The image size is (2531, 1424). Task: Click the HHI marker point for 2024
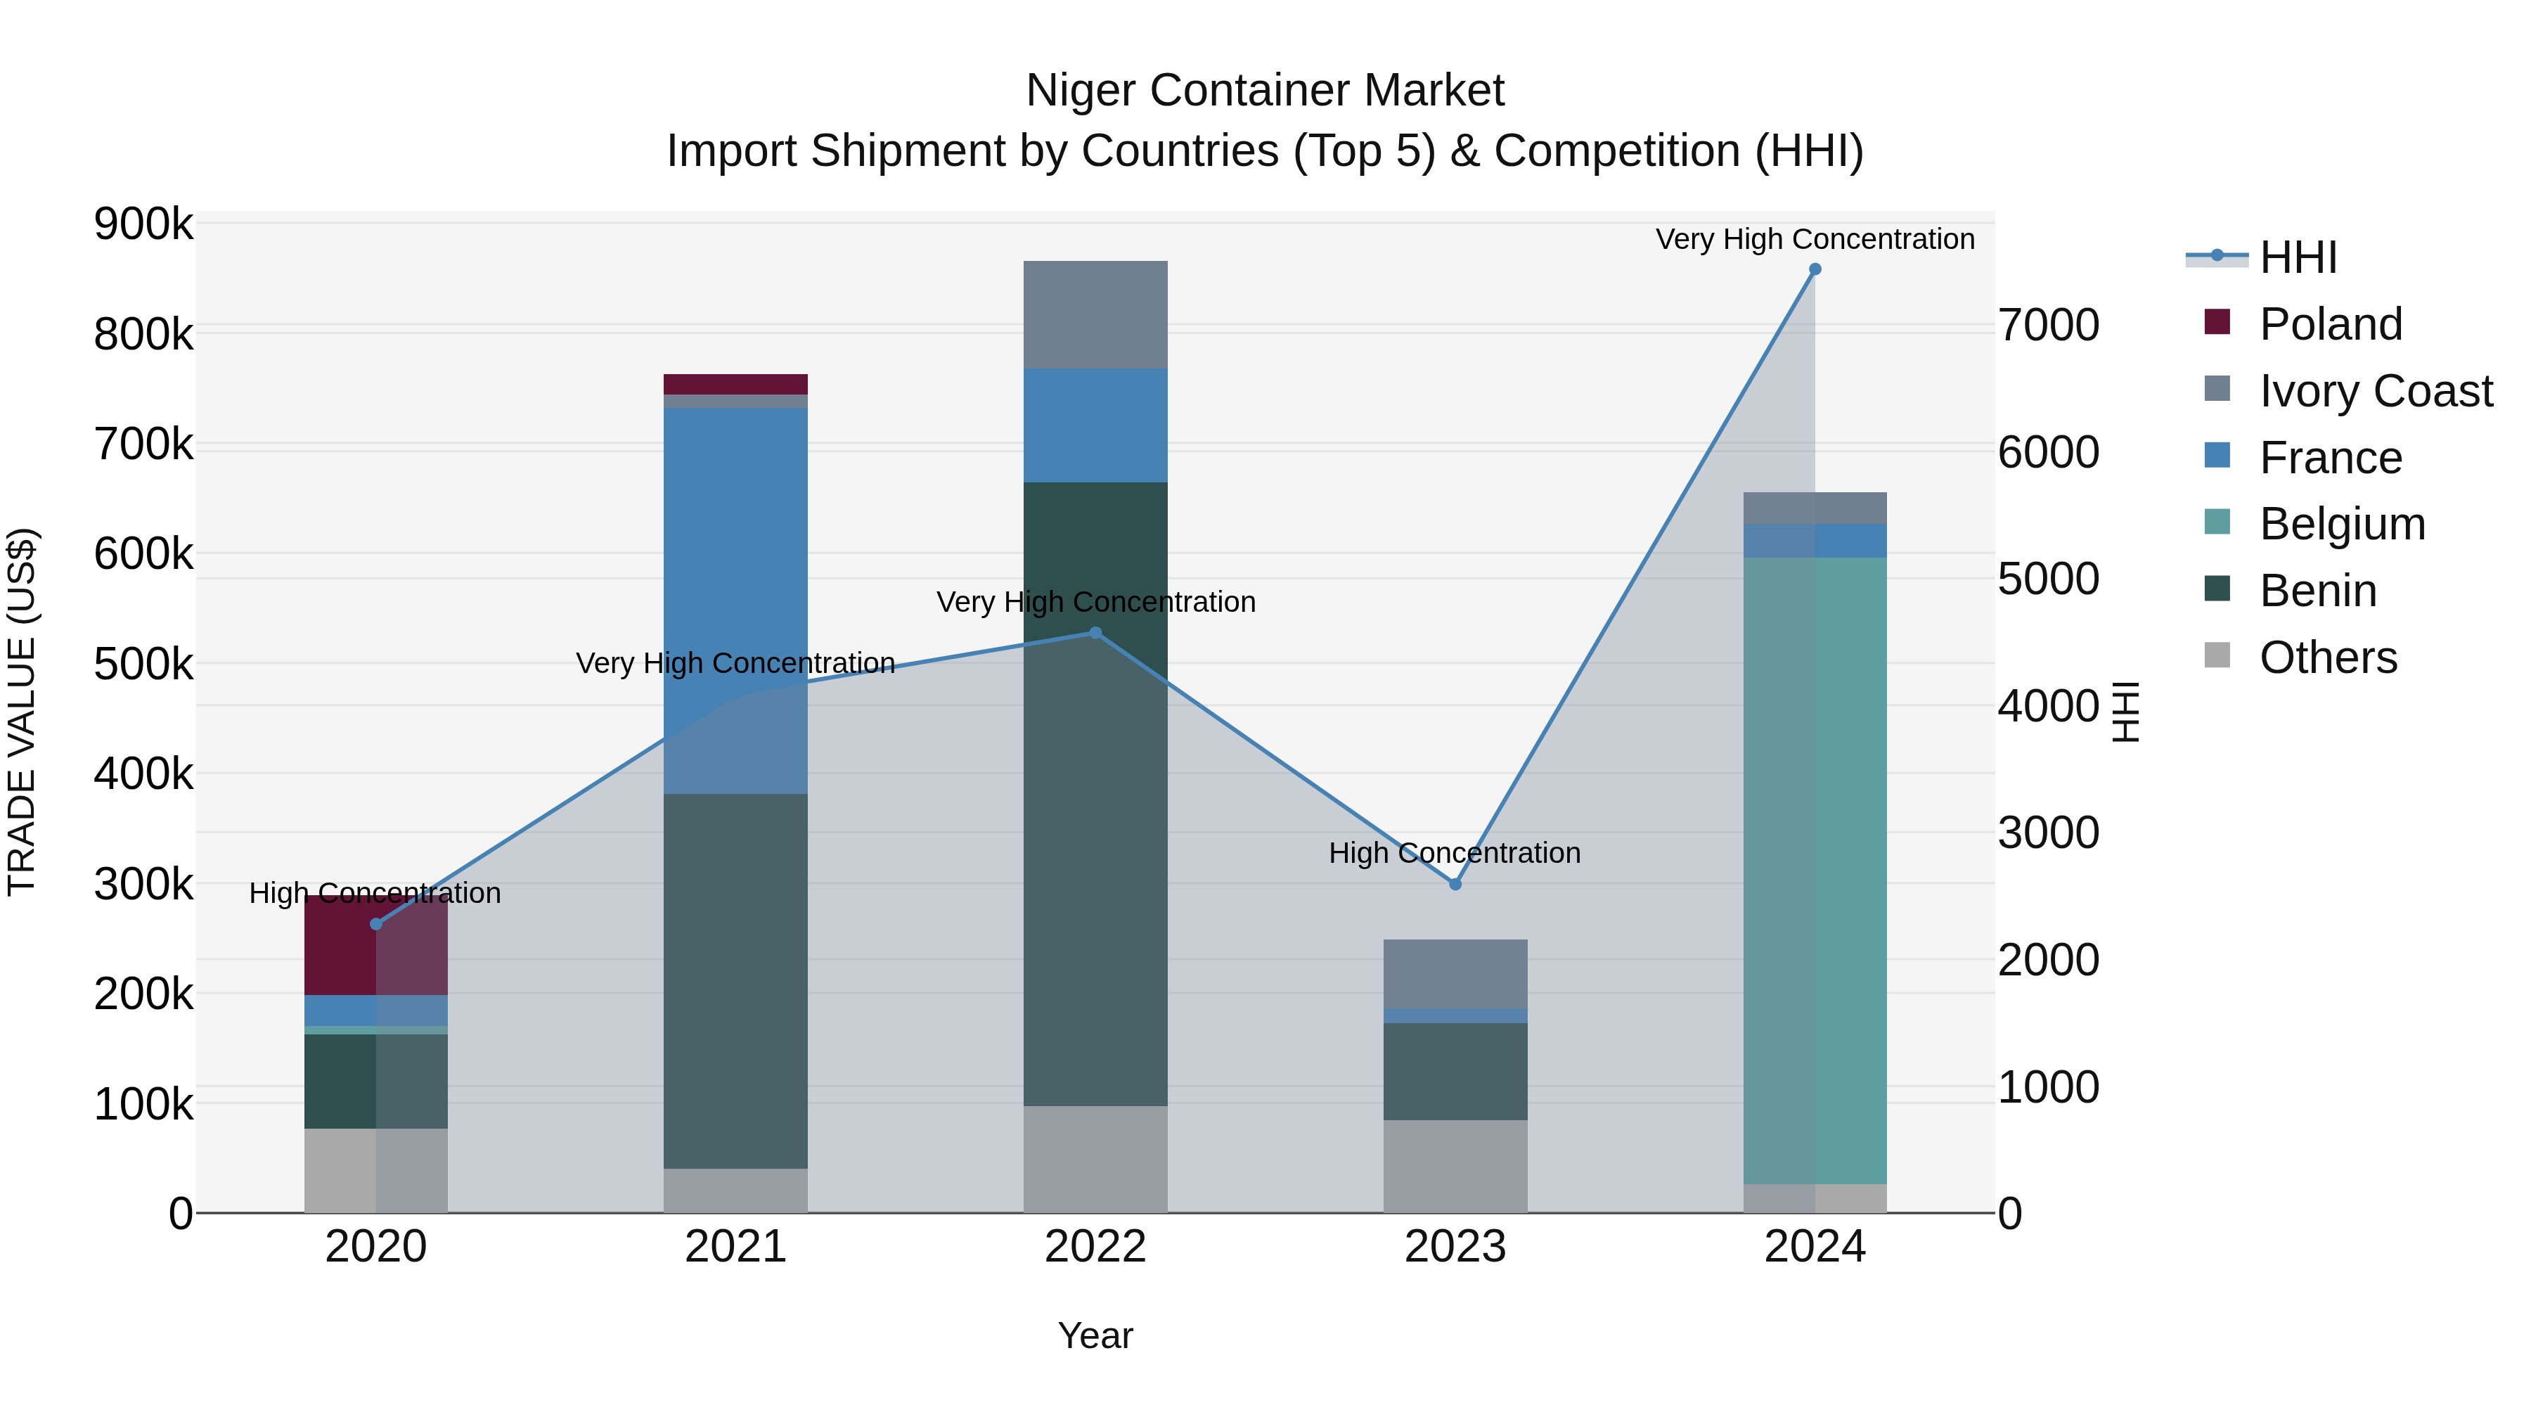1815,269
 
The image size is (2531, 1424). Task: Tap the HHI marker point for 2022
1095,633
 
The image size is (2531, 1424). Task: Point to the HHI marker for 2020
375,924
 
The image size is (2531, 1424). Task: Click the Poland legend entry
2331,324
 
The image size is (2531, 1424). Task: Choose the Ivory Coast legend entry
2375,391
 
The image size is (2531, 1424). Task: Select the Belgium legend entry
2341,524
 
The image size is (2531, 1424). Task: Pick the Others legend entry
2328,658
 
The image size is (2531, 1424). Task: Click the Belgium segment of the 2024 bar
1815,870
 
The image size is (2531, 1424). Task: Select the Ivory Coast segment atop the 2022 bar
1095,314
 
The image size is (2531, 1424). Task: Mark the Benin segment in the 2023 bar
1455,1071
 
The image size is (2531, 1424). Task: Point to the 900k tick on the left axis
143,224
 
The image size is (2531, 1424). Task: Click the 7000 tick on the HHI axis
2049,326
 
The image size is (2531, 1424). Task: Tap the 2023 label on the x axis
1455,1247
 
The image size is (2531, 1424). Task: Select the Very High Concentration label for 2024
1815,239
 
